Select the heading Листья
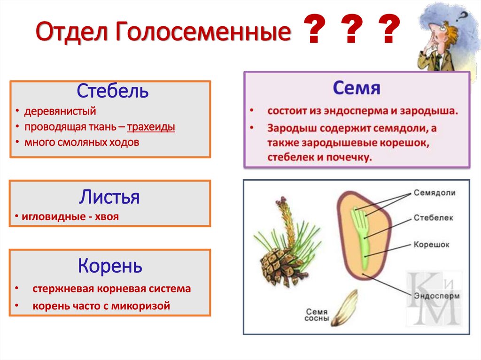pos(109,197)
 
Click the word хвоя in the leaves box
pos(106,217)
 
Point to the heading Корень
pos(110,266)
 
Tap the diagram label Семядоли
pos(434,193)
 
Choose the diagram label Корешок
pos(432,245)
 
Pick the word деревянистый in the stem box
pos(60,112)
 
